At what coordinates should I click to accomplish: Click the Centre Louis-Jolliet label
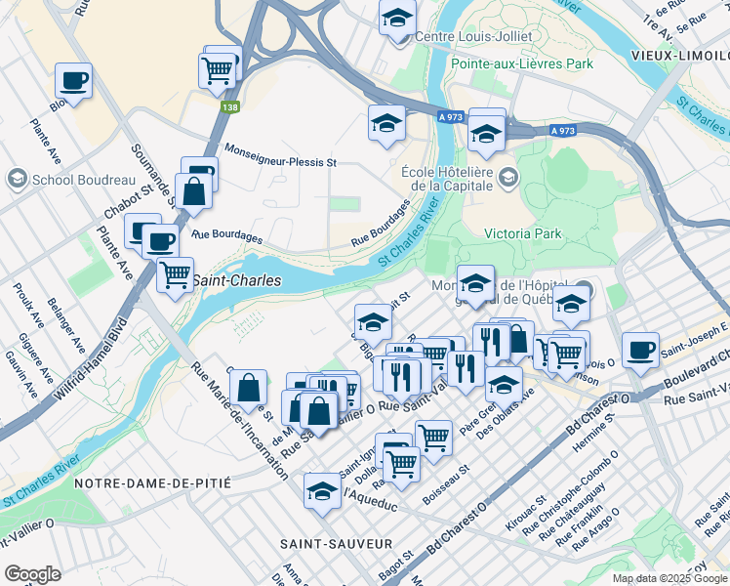coord(474,36)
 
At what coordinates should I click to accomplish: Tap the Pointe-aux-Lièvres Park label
coord(522,63)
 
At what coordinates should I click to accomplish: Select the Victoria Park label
coord(523,233)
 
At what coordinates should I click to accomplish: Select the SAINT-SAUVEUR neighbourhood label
coord(336,543)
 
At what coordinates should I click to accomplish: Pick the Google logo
coord(33,574)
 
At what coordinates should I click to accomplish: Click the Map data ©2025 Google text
coord(669,578)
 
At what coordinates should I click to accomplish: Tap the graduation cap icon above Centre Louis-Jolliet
coord(397,19)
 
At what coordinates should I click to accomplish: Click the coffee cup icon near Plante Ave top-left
coord(73,80)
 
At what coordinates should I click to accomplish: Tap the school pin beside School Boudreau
coord(18,179)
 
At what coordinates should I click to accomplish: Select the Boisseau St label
coord(451,480)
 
